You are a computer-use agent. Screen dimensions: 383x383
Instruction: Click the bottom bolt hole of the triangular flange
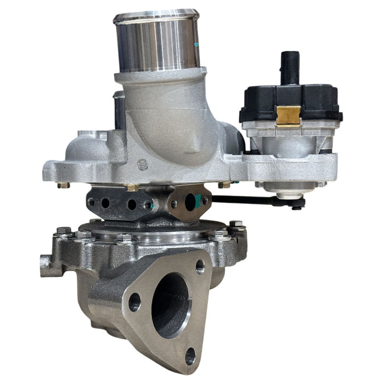(x=190, y=356)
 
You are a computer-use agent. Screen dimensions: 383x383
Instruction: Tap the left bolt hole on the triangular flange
(x=135, y=301)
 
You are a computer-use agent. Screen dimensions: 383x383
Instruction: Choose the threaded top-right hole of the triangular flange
(x=200, y=267)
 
